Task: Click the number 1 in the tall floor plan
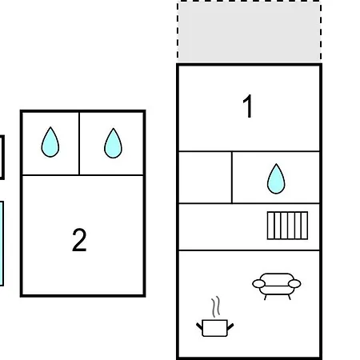[x=248, y=106]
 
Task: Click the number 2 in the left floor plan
[x=79, y=240]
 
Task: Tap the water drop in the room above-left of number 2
[x=50, y=142]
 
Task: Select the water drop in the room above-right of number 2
[x=113, y=143]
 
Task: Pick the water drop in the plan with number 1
[x=276, y=178]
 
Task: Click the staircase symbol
[x=287, y=226]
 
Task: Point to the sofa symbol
[x=277, y=286]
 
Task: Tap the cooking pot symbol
[x=215, y=328]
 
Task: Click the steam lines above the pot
[x=216, y=306]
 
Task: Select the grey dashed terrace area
[x=250, y=32]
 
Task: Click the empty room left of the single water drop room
[x=205, y=178]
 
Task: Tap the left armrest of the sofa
[x=258, y=284]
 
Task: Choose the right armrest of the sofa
[x=294, y=284]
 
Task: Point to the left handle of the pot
[x=199, y=326]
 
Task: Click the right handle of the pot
[x=230, y=326]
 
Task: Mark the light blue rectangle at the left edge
[x=2, y=243]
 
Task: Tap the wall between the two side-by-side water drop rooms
[x=79, y=143]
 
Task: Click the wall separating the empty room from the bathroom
[x=232, y=178]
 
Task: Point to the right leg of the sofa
[x=289, y=297]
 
